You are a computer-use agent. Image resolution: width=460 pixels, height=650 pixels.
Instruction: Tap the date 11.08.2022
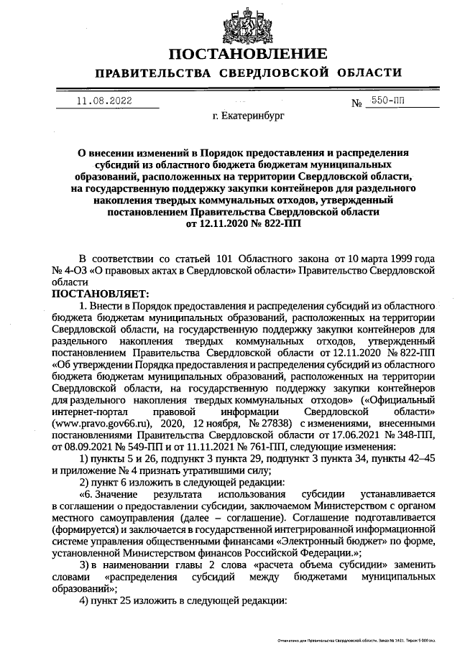click(105, 101)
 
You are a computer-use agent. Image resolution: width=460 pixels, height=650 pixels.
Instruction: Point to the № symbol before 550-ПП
click(356, 103)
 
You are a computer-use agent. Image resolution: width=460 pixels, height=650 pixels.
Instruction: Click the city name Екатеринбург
click(249, 116)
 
